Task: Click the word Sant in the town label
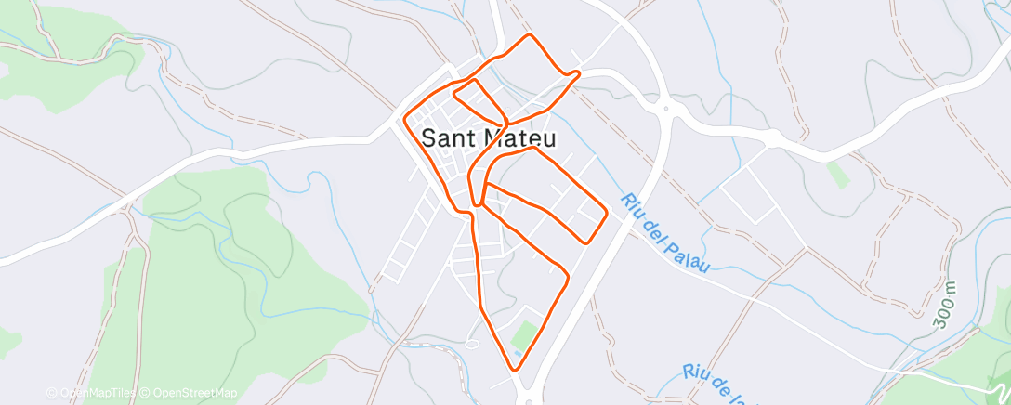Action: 450,138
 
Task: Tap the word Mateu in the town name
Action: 519,138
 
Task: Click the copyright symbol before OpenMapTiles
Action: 52,393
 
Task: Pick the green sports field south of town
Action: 526,333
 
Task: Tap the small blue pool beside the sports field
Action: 517,353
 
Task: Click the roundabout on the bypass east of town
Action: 665,109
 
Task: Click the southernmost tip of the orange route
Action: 515,369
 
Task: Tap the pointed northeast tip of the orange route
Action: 578,72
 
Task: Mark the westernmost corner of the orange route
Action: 406,117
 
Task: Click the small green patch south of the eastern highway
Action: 838,174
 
